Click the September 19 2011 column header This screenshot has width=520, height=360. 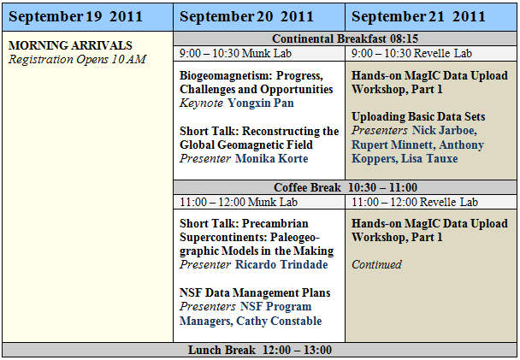coord(87,17)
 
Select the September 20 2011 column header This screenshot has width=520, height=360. coord(259,17)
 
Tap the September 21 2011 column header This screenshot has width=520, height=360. coord(431,17)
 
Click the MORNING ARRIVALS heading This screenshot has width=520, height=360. coord(70,45)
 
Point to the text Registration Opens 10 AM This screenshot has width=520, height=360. coord(77,59)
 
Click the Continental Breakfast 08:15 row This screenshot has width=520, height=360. coord(345,38)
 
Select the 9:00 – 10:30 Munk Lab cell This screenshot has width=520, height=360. coord(259,53)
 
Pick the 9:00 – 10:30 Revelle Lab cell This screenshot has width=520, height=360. coord(431,53)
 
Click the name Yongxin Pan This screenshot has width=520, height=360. coord(261,103)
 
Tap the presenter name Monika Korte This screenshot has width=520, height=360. coord(272,159)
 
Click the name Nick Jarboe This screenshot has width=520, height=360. coord(445,131)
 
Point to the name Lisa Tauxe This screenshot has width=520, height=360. coord(429,158)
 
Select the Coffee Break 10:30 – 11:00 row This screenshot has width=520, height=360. coord(345,187)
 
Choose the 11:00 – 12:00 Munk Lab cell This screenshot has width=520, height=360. coord(259,202)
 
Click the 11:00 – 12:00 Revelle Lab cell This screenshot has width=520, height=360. coord(431,202)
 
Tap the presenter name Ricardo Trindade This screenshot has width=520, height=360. coord(281,265)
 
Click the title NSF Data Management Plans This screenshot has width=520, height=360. coord(255,292)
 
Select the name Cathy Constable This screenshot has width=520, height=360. coord(279,321)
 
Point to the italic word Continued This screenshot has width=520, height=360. coord(376,264)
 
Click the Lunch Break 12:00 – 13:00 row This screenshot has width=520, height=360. coord(260,350)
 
